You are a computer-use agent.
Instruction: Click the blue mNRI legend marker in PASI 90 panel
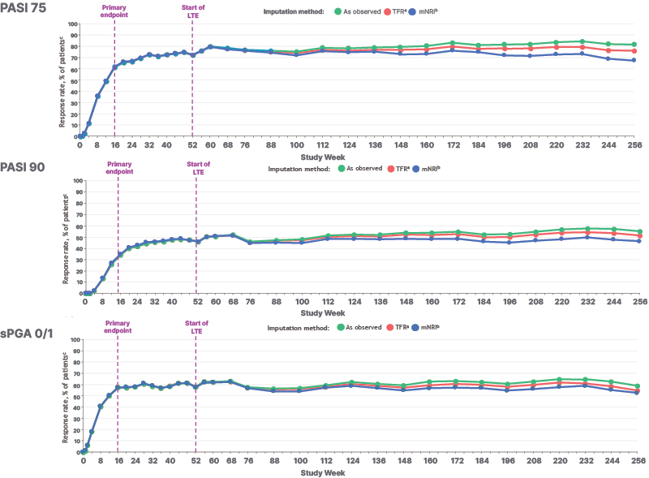pyautogui.click(x=416, y=170)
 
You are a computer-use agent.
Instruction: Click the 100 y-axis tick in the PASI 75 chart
pyautogui.click(x=71, y=24)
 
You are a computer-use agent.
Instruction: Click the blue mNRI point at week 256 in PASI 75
pyautogui.click(x=634, y=60)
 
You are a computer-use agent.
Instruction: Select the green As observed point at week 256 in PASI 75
pyautogui.click(x=634, y=45)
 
